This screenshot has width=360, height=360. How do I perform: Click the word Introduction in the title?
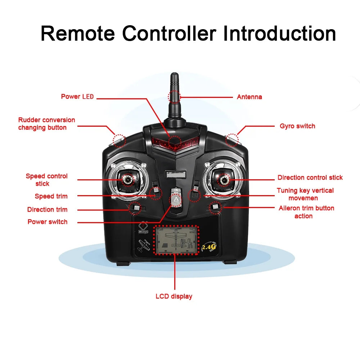pos(280,33)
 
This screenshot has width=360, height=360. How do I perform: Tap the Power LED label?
pos(77,96)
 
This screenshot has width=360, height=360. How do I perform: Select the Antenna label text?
pos(249,97)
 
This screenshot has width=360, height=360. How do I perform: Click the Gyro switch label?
pos(297,126)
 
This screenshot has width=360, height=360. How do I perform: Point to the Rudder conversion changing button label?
pos(46,123)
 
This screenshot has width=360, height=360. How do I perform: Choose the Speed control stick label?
pos(46,180)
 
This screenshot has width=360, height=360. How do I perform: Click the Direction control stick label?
pos(310,177)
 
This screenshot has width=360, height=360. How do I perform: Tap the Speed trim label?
pos(51,196)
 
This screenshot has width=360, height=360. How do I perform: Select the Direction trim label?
pos(47,210)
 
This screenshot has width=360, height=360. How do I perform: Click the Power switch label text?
pos(47,222)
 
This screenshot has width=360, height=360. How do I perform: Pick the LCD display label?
pos(174,296)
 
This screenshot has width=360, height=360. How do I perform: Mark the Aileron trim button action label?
pos(306,212)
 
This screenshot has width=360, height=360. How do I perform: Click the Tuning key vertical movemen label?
pos(305,194)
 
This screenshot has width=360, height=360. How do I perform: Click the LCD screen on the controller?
pos(176,240)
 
